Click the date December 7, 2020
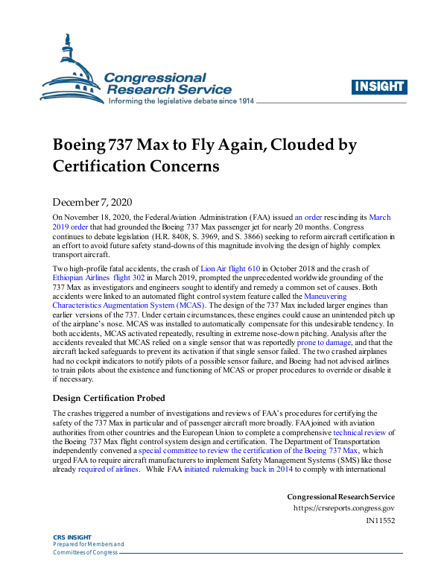click(92, 202)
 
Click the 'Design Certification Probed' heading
click(109, 397)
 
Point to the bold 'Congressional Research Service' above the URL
click(340, 496)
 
